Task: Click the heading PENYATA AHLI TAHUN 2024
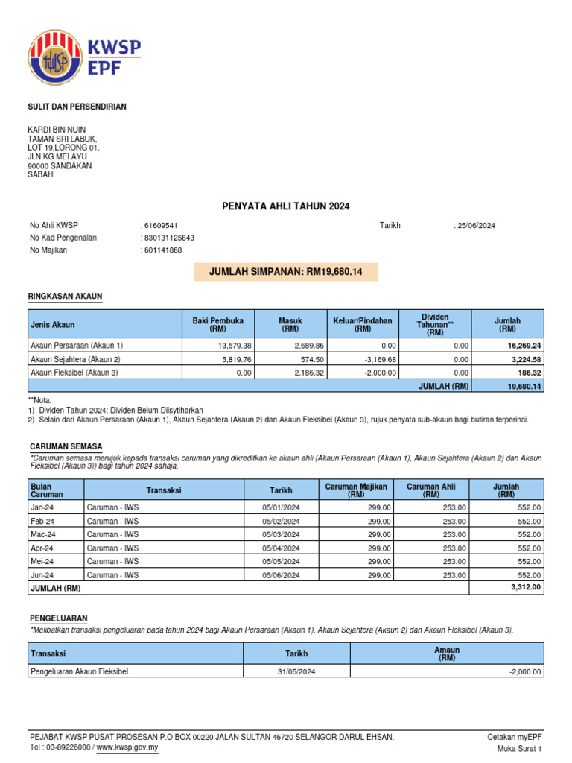pos(286,206)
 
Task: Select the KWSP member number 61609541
pos(161,226)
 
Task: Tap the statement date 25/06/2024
pos(476,226)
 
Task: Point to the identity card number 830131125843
pos(170,238)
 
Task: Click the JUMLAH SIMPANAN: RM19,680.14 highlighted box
pos(286,272)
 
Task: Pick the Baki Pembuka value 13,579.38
pos(235,346)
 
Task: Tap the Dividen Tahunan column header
pos(434,325)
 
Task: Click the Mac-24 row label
pos(43,534)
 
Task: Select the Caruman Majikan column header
pos(356,490)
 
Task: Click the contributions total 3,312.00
pos(525,588)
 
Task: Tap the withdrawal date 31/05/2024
pos(296,672)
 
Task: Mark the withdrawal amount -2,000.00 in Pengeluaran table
pos(525,672)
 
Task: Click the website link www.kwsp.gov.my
pos(128,747)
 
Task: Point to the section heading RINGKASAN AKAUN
pos(65,297)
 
